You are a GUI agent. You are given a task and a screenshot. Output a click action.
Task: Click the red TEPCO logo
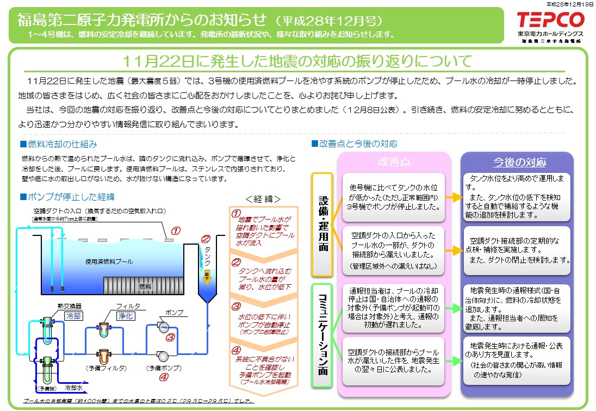(550, 21)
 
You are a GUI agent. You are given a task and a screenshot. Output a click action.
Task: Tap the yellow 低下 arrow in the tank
(207, 276)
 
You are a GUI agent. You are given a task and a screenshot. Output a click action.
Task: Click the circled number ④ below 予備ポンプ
(163, 376)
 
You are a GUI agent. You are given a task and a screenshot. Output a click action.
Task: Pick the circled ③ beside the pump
(170, 337)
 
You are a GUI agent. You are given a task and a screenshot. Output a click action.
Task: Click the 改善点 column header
(394, 163)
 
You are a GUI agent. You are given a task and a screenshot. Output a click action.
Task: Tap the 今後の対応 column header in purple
(519, 163)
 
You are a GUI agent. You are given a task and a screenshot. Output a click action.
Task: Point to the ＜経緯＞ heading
(263, 198)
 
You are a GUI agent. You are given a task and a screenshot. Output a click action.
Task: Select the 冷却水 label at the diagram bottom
(74, 388)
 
